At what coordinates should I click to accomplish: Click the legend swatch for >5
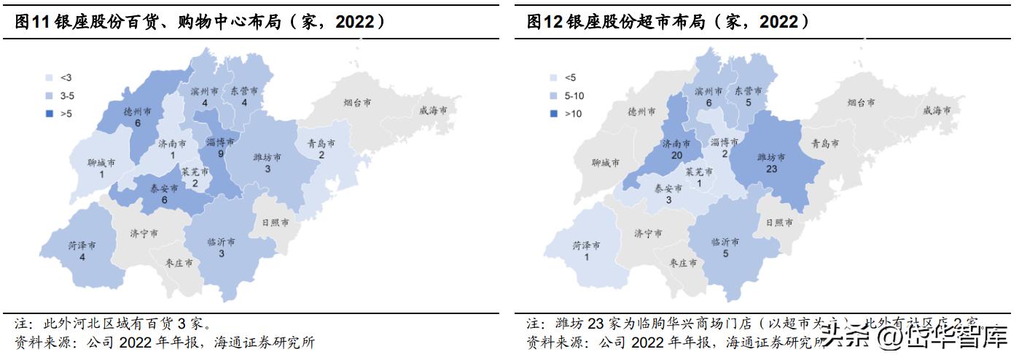point(50,113)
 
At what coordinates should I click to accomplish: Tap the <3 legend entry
point(50,77)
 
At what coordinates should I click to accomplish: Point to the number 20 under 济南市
point(676,157)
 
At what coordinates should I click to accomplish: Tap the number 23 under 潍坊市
point(772,169)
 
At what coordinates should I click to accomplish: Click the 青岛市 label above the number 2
point(321,144)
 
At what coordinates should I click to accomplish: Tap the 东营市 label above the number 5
point(748,91)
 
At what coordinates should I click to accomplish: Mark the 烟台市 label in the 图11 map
point(356,103)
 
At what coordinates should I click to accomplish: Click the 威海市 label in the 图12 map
point(936,111)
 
